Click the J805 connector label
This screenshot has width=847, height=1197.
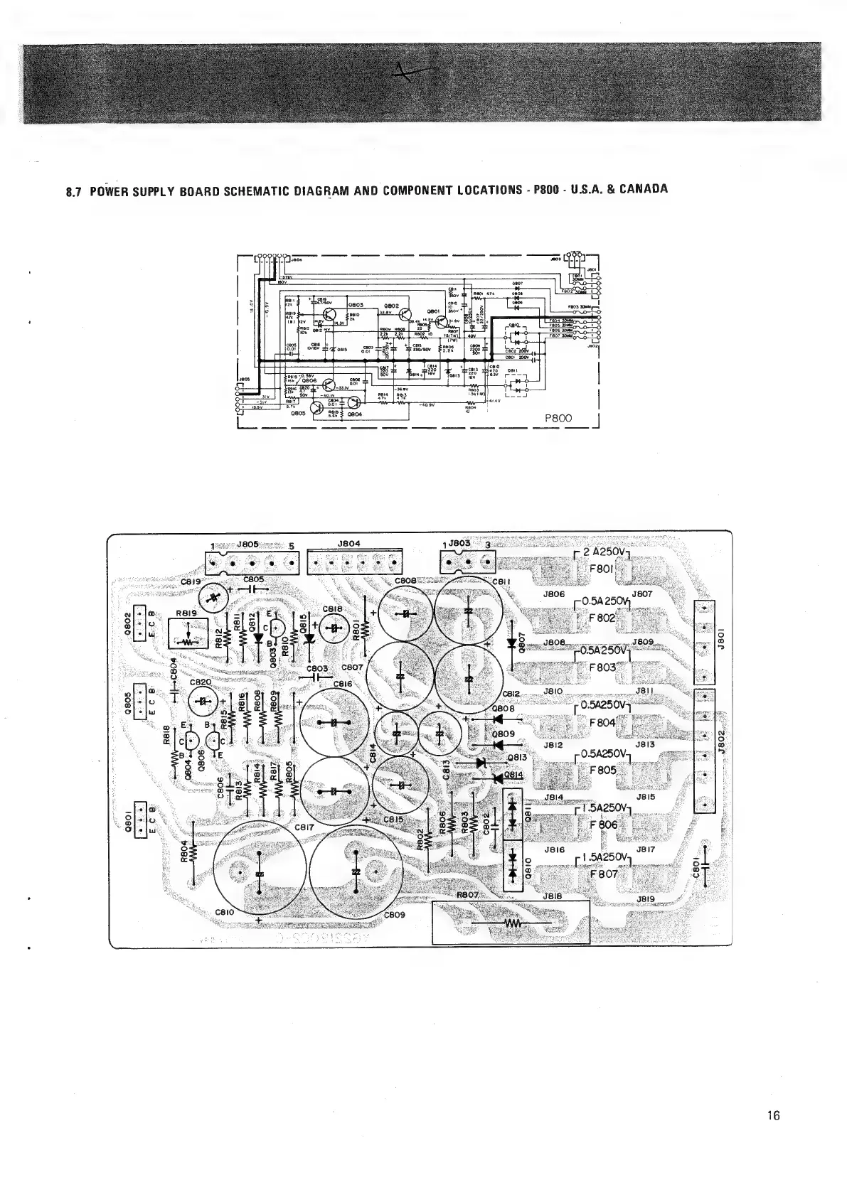[247, 544]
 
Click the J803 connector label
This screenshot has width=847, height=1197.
[461, 544]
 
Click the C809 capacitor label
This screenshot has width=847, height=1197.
[395, 915]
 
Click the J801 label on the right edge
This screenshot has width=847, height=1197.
[720, 630]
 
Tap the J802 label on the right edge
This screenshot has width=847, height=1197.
[720, 739]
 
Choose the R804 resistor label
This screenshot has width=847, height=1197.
[184, 851]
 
